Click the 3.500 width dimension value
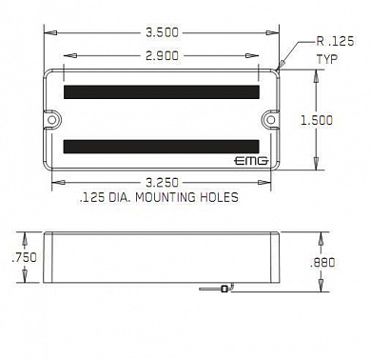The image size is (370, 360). (162, 32)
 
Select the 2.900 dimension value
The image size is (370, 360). (162, 56)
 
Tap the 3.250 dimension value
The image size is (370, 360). (162, 183)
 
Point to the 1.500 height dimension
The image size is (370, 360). (317, 120)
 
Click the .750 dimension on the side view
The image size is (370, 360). (24, 257)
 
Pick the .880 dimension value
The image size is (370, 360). (322, 263)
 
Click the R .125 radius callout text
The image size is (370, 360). (335, 41)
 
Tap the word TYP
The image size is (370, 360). (327, 59)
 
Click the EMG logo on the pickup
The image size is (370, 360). (251, 161)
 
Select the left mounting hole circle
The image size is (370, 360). (51, 119)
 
